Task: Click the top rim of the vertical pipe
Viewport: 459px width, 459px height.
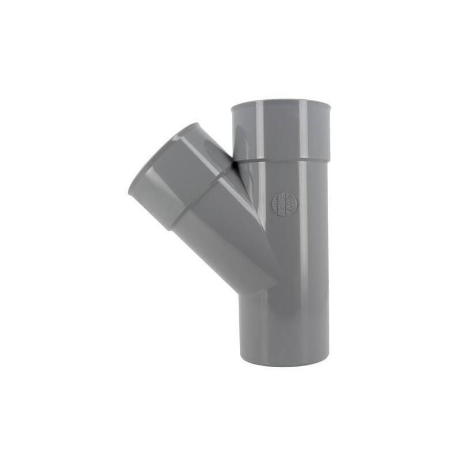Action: tap(281, 103)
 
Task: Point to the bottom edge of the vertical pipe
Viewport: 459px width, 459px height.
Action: tap(284, 365)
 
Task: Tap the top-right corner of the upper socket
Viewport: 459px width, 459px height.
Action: tap(330, 104)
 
